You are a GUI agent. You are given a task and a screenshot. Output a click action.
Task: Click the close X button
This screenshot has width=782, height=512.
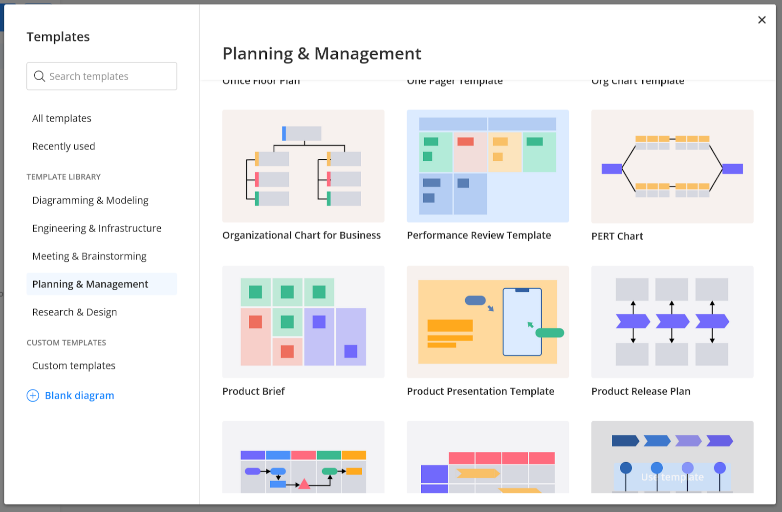[x=761, y=20]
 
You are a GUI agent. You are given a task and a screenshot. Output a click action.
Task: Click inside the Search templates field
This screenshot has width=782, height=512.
[x=108, y=76]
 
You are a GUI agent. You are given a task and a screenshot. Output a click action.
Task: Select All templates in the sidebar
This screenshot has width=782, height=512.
[x=62, y=118]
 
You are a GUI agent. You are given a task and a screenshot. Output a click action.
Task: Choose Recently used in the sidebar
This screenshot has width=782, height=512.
[x=64, y=146]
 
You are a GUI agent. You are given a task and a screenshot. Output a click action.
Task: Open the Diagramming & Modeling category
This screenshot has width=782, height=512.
[x=90, y=200]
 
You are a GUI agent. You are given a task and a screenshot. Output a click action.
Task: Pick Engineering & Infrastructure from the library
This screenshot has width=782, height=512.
[x=97, y=228]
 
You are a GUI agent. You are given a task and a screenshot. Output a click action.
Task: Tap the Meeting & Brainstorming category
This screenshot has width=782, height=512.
[x=89, y=256]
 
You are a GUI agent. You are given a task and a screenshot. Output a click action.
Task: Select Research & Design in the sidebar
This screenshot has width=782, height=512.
[x=75, y=312]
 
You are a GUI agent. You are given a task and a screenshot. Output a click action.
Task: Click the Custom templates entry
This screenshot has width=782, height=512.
[x=74, y=366]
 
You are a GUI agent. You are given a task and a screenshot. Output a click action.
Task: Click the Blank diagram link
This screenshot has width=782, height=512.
[x=79, y=396]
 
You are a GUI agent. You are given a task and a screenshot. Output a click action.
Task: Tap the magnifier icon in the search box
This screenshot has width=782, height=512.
[x=39, y=76]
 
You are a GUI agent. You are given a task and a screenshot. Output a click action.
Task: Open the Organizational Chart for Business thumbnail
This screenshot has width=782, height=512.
[x=303, y=166]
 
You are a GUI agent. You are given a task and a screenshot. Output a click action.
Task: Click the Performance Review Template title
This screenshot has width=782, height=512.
[x=479, y=235]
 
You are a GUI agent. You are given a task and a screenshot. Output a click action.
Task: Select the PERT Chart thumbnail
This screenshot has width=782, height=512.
[x=672, y=166]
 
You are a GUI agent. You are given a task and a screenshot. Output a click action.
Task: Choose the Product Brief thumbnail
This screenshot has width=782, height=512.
[x=303, y=321]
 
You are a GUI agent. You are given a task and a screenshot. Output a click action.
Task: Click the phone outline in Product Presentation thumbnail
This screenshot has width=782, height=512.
[x=522, y=322]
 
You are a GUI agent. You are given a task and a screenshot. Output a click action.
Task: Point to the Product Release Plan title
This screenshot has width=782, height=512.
[x=641, y=391]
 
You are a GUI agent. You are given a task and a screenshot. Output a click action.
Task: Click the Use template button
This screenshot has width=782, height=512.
[x=672, y=477]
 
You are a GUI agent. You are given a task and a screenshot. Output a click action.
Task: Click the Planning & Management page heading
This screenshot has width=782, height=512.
[x=322, y=54]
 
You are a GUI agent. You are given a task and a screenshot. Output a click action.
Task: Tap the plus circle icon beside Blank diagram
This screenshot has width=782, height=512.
[x=33, y=396]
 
